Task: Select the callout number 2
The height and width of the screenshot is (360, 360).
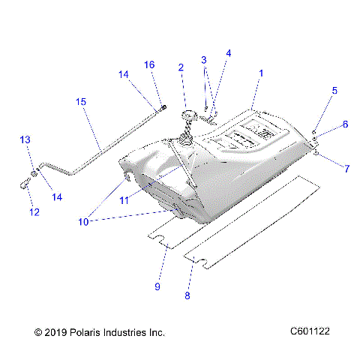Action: coord(181,67)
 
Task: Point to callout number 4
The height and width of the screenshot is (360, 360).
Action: coord(228,53)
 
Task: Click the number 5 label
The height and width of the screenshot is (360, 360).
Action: coord(334,91)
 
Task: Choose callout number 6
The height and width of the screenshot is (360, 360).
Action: coord(345,124)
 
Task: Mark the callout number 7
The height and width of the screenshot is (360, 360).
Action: coord(346,169)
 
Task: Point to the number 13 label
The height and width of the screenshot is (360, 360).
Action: coord(25,140)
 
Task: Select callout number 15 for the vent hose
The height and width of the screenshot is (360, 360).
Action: coord(80,100)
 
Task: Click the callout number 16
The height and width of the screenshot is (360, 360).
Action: coord(149,65)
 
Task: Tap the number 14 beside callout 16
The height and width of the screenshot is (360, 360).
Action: coord(124,74)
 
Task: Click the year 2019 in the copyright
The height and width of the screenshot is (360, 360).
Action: coord(58,331)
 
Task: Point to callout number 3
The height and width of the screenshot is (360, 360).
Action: coord(203,60)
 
